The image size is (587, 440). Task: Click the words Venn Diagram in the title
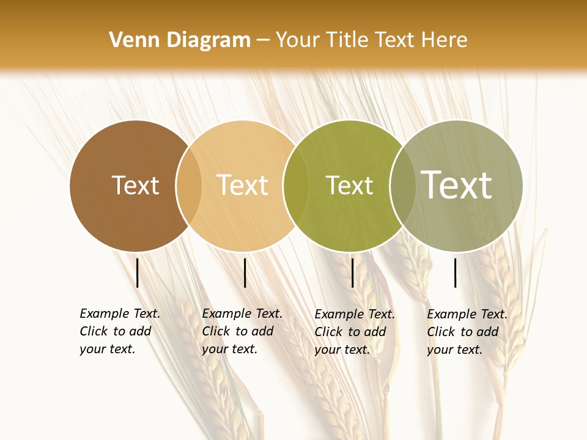(180, 40)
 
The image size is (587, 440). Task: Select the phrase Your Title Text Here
(371, 40)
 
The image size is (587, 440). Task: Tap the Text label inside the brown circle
(135, 185)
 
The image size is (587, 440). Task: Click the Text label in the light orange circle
(242, 185)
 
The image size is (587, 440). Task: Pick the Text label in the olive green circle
(349, 185)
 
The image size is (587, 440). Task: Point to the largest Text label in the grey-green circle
(456, 185)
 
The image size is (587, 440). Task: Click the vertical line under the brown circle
(137, 273)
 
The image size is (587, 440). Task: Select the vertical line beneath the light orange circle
(245, 273)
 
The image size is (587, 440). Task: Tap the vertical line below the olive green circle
(353, 273)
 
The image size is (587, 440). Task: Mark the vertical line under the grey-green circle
(456, 273)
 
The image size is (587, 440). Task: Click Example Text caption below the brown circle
(120, 313)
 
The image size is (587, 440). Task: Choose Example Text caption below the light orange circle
(242, 313)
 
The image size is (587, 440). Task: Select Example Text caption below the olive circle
(355, 314)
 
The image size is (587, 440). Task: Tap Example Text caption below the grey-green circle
(467, 314)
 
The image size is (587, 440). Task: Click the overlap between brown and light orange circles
(189, 186)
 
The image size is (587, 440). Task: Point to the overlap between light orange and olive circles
(297, 186)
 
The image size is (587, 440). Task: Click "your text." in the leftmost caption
(107, 350)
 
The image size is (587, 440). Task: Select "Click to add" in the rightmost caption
(463, 332)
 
